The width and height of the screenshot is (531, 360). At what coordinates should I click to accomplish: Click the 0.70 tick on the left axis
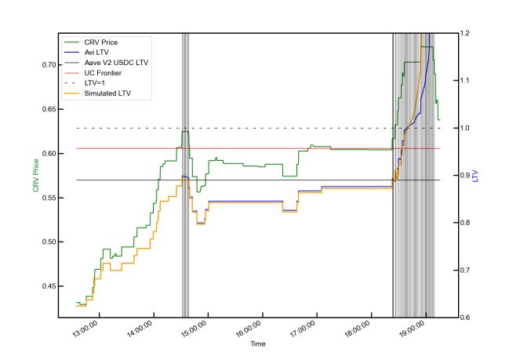tap(48, 64)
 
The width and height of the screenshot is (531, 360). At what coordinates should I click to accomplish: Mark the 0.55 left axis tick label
tap(48, 198)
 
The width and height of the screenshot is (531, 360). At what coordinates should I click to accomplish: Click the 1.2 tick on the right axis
tap(466, 33)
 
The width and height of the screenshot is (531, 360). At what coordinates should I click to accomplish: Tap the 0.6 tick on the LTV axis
tap(466, 318)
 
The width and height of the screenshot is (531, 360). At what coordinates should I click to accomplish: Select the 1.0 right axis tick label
tap(466, 128)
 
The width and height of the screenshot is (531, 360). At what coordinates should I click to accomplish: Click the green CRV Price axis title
tap(35, 175)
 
